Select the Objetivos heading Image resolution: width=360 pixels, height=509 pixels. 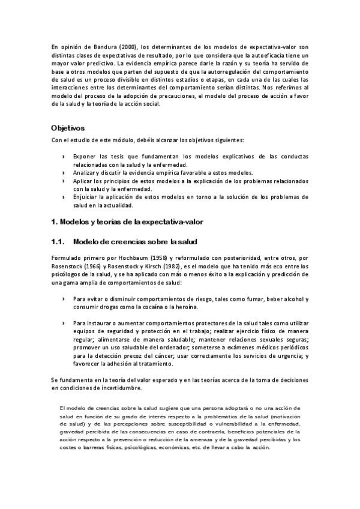click(68, 128)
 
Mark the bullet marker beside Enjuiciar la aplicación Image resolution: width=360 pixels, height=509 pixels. click(64, 196)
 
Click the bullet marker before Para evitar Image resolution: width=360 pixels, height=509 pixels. click(64, 299)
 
